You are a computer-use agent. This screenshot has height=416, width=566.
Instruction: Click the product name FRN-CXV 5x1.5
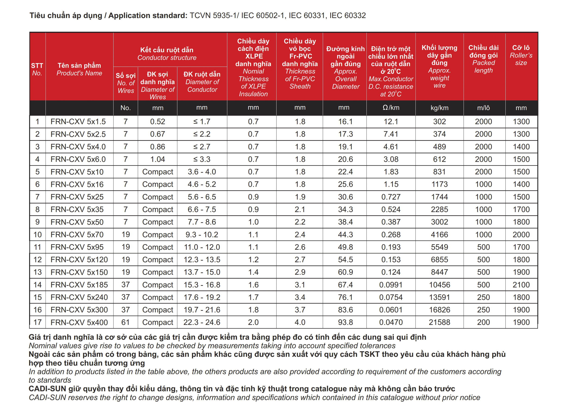pos(78,122)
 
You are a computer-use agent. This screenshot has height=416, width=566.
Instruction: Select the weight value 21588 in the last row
pos(439,322)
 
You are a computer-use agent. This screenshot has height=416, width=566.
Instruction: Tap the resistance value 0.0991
pos(391,285)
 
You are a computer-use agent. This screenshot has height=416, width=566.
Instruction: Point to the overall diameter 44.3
pos(345,235)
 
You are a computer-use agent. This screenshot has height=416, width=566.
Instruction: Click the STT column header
pos(37,66)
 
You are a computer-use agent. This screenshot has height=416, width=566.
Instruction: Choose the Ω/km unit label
pos(391,108)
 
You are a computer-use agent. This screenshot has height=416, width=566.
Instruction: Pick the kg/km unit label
pos(439,108)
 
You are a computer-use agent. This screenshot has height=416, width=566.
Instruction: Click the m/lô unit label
pos(483,108)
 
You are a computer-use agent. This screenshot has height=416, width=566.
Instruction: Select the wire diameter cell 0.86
pos(158,147)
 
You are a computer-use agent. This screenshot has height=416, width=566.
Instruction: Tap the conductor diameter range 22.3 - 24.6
pos(202,322)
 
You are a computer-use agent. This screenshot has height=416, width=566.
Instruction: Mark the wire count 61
pos(125,322)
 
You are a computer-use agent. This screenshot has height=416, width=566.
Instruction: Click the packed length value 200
pos(483,322)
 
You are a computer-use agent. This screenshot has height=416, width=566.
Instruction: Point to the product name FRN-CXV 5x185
pos(79,285)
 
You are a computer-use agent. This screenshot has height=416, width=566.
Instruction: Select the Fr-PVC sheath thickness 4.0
pos(300,322)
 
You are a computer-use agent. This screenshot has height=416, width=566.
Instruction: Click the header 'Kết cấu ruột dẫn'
pos(167,50)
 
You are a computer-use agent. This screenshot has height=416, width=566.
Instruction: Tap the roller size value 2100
pos(521,285)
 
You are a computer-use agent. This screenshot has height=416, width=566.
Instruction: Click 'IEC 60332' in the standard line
pos(348,16)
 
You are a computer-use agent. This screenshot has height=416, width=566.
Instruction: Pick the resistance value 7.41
pos(391,134)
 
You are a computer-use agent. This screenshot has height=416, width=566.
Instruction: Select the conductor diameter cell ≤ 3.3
pos(202,159)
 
